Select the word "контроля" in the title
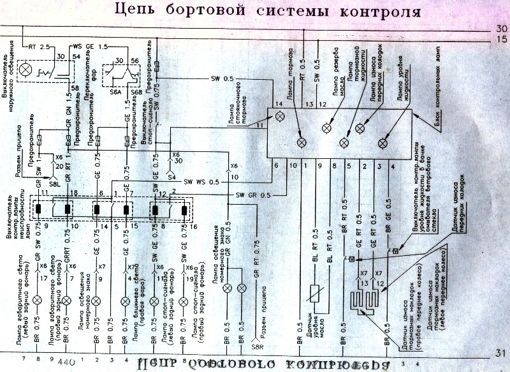(380, 11)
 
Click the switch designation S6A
(115, 92)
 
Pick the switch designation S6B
(136, 92)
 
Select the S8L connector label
(54, 182)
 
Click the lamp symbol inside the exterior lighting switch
(26, 68)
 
